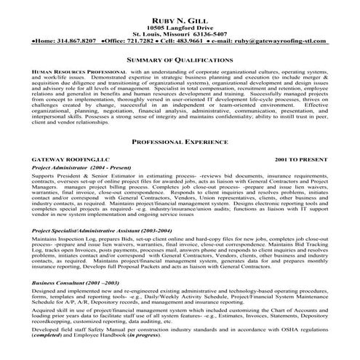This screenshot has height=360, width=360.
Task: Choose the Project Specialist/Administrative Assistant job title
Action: [101, 251]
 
